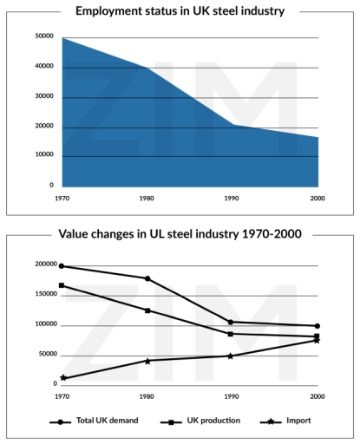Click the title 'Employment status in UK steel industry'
180,12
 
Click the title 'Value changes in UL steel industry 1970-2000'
180,234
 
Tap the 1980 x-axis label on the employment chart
147,198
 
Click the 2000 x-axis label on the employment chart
317,198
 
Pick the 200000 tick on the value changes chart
41,264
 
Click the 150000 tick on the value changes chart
41,295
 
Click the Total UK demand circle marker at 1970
62,266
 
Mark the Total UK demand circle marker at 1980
147,278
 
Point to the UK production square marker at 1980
147,310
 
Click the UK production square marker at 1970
62,285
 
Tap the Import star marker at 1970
62,378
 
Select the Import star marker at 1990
231,356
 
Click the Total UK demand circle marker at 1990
231,322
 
